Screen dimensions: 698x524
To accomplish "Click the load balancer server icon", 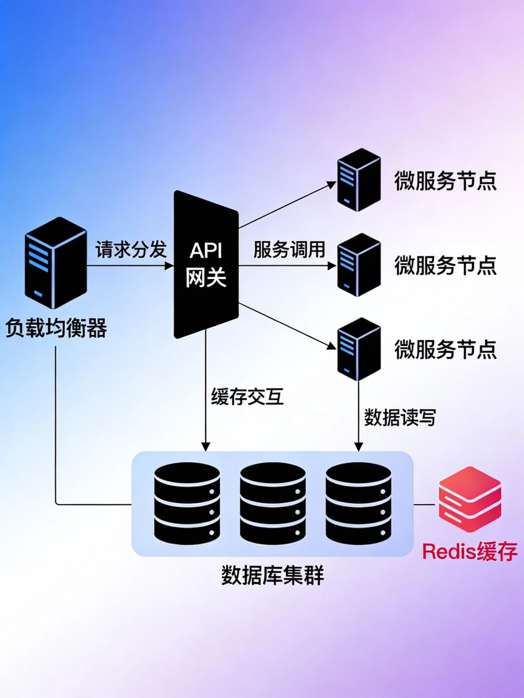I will point(55,263).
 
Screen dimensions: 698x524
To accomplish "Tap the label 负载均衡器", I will point(56,328).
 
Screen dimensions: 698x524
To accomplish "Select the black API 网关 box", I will point(206,264).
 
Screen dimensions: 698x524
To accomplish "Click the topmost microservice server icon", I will point(359,180).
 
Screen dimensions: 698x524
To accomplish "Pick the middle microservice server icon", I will point(359,265).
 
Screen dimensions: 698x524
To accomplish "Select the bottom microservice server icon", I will point(359,349).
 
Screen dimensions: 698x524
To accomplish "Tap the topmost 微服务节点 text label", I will point(445,181).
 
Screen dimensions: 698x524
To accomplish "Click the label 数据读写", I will point(400,417).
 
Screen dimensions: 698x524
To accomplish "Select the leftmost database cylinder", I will point(187,504).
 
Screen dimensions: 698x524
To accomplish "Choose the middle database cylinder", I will point(272,504).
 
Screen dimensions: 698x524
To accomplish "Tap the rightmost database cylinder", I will point(358,504).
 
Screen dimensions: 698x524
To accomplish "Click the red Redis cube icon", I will point(470,500).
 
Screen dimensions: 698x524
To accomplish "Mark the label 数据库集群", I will point(272,575).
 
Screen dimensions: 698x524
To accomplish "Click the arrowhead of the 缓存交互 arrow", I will point(206,447).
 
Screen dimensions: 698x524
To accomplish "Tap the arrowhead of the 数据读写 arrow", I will point(359,447).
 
